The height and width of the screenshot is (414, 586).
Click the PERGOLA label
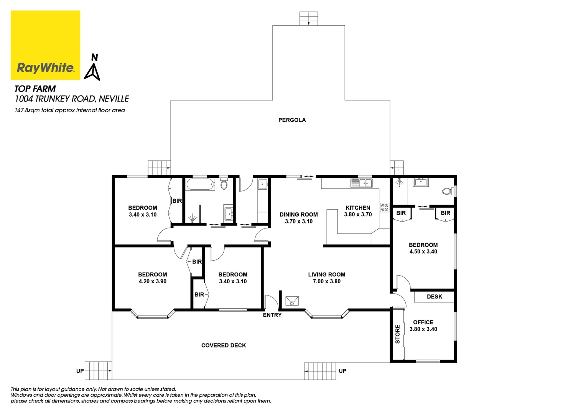(292, 120)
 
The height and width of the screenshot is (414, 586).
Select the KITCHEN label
(358, 208)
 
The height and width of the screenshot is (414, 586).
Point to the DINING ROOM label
(298, 215)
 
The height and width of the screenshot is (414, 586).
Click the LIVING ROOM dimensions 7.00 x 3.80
(326, 281)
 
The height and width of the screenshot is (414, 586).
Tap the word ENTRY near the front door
(272, 315)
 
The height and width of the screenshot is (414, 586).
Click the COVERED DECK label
(224, 345)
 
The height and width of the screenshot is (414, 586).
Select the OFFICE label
(423, 322)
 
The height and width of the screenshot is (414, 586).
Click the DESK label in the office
(434, 297)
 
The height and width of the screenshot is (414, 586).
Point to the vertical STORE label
(397, 334)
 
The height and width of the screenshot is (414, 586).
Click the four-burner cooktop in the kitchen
(384, 207)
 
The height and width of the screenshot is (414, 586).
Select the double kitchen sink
(361, 183)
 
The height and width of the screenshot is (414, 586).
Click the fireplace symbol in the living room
(292, 301)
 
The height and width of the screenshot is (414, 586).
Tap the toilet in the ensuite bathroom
(447, 191)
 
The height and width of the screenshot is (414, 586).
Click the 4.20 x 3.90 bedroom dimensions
(152, 281)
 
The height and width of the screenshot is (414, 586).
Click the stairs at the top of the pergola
(309, 18)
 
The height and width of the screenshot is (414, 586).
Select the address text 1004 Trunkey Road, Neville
(72, 99)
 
